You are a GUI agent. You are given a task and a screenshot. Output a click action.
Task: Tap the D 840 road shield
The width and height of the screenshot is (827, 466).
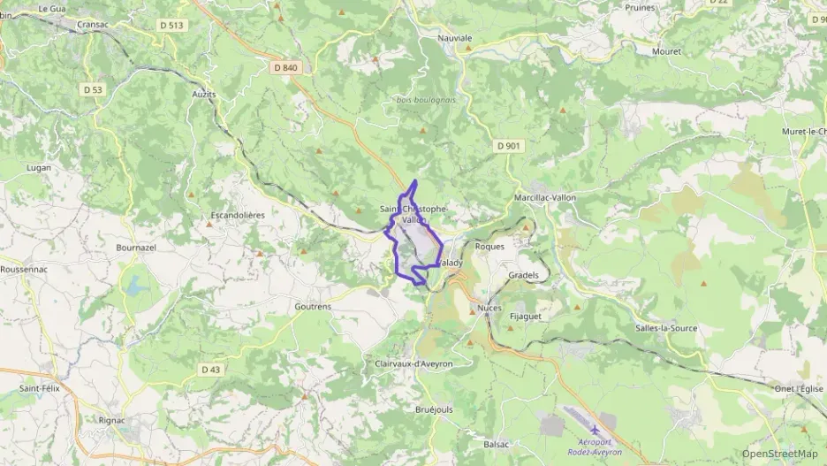click(x=285, y=67)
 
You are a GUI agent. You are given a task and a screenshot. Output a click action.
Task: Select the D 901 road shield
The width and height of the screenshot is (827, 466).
click(x=508, y=146)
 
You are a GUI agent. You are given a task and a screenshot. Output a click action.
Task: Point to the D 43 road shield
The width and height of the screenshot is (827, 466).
click(x=210, y=370)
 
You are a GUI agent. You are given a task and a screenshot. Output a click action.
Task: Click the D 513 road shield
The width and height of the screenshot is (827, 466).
click(x=172, y=25)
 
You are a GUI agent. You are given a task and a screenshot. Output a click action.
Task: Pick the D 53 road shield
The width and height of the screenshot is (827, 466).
click(x=93, y=89)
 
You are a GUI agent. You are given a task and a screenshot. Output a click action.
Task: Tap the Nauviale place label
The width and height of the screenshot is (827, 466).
click(x=455, y=38)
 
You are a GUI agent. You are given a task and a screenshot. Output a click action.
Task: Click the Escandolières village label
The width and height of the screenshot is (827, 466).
click(x=238, y=215)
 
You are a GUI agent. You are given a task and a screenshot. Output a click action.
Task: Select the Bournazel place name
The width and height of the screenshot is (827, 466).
click(x=136, y=248)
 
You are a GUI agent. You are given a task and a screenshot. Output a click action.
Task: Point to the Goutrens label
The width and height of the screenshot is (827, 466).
click(x=312, y=306)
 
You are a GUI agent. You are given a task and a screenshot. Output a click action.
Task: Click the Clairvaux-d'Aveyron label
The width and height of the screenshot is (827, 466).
click(x=413, y=363)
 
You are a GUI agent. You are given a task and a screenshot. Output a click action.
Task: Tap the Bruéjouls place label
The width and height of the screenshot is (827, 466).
click(x=434, y=409)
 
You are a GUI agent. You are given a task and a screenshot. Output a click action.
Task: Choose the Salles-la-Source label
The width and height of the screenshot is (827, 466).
click(x=666, y=328)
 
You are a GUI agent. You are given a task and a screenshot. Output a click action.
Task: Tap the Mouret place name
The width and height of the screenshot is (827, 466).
click(x=667, y=51)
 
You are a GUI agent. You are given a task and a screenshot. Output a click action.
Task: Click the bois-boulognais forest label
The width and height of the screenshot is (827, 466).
click(x=427, y=100)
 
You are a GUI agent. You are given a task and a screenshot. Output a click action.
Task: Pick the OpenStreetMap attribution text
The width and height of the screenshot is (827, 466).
click(x=779, y=454)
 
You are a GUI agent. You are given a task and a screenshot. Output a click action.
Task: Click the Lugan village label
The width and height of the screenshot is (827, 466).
click(x=40, y=166)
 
